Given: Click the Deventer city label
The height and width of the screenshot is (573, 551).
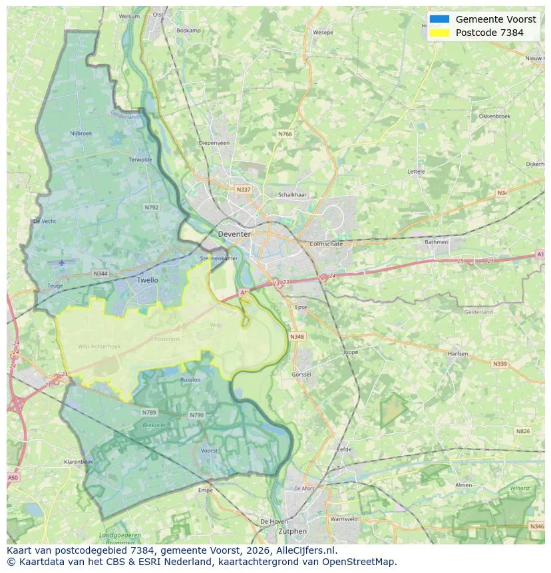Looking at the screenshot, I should [234, 234].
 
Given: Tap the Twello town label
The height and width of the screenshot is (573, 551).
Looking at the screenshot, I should [147, 280].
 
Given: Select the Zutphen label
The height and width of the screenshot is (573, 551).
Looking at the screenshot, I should [293, 531].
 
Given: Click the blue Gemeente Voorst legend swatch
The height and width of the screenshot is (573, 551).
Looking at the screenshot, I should [440, 19].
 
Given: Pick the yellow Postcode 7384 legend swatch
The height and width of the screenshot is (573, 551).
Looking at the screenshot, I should [440, 33].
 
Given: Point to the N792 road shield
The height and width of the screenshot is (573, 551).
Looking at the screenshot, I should [152, 208].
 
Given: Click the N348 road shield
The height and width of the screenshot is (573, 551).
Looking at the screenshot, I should [297, 337].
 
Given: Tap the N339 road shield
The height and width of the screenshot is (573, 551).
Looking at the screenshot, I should [500, 364].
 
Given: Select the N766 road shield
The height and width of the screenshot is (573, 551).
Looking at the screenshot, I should [285, 134].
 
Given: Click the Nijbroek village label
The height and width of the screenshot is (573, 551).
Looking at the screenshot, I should [81, 133].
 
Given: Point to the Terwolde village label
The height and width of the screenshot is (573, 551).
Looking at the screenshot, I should [140, 160].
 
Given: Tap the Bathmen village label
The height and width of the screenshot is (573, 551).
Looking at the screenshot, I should [437, 242].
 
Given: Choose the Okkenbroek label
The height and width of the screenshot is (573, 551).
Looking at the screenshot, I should [494, 116].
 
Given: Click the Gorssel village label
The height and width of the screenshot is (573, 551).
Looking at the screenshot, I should [301, 375].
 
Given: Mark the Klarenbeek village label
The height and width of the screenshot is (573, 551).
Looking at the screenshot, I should [79, 461].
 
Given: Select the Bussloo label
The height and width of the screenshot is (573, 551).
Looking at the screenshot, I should [190, 380].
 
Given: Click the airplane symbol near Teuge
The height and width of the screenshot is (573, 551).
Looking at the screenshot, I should [62, 263].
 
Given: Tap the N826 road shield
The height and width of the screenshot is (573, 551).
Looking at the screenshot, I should [523, 431].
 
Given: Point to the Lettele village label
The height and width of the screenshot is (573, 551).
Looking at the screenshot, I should [416, 171].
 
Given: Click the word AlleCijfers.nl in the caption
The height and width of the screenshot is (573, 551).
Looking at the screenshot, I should [307, 550].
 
